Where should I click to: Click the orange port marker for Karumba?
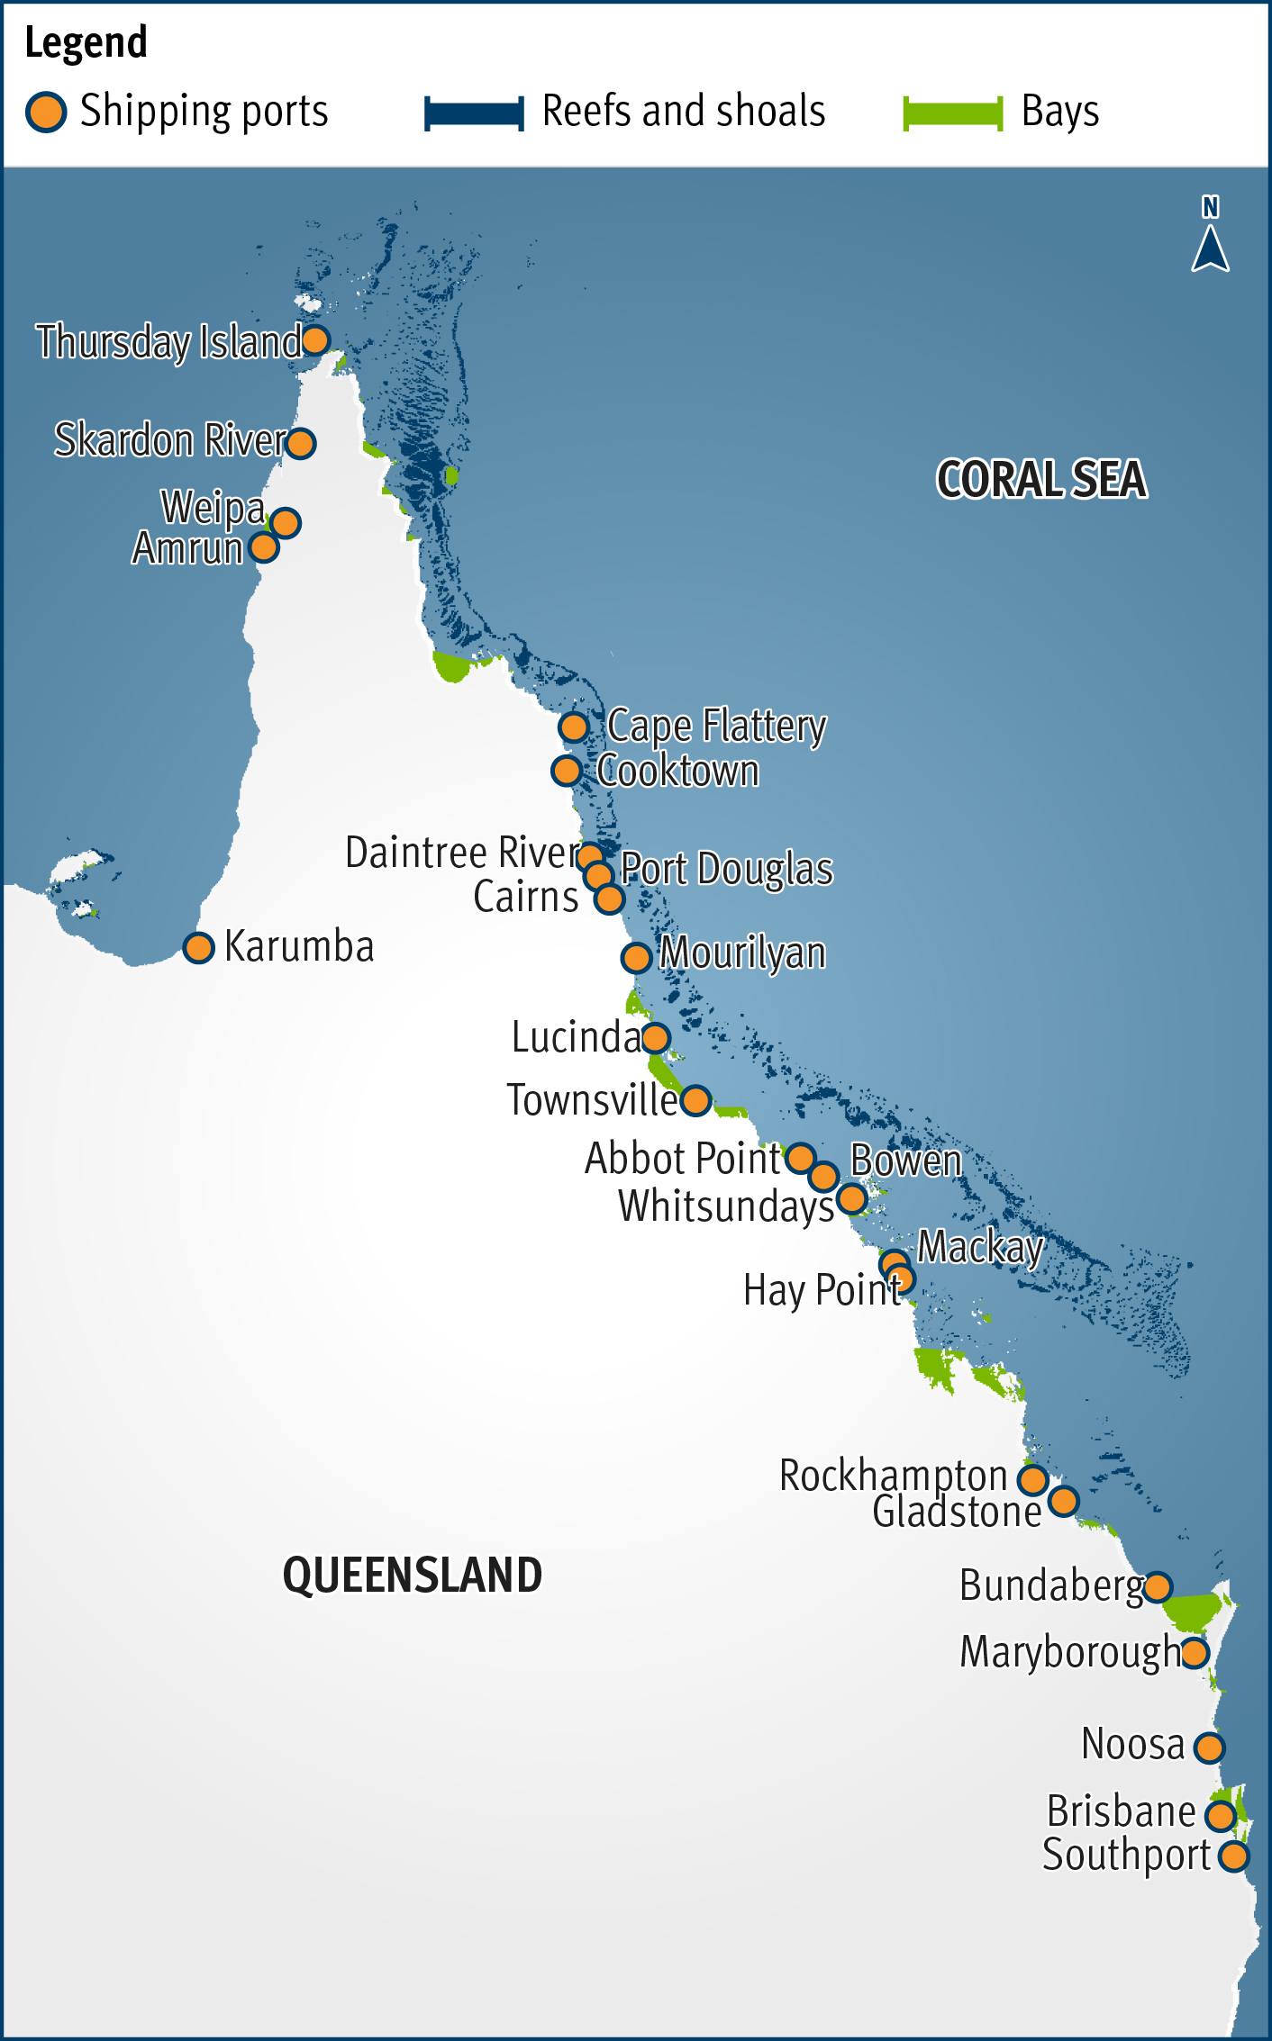[198, 947]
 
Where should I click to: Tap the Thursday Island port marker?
[315, 340]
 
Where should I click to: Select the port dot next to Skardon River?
[300, 443]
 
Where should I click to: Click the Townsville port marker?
[695, 1099]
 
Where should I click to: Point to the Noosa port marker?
[1209, 1747]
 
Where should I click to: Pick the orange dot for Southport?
[1233, 1856]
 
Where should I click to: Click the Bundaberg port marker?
[1157, 1586]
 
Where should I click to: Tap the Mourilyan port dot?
[636, 957]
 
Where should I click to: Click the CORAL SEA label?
[1041, 479]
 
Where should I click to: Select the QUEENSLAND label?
[413, 1576]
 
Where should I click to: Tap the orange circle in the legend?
[46, 113]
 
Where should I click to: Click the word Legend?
[86, 43]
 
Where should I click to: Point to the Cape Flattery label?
[716, 726]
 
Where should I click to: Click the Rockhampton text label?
[893, 1476]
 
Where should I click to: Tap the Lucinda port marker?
[655, 1038]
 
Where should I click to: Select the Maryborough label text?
[1070, 1652]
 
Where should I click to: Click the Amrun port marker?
[264, 546]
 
